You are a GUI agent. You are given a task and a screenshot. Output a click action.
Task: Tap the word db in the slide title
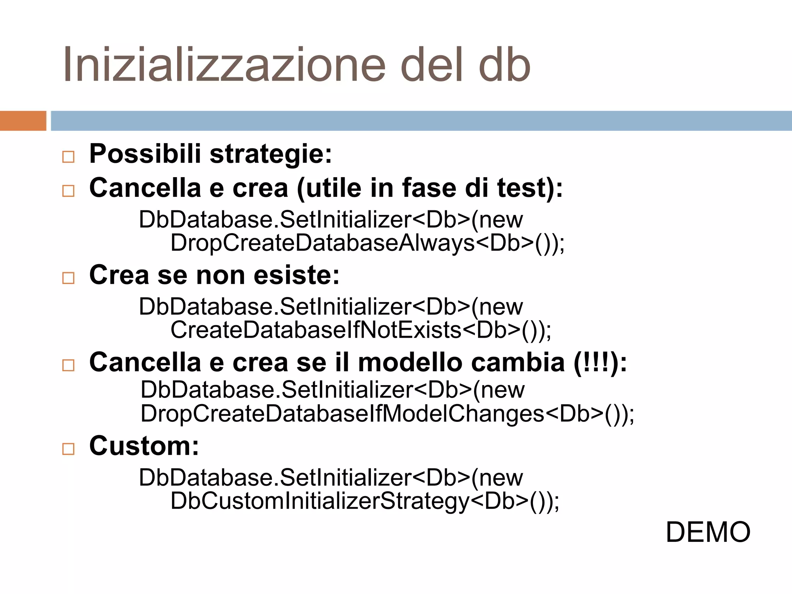(504, 65)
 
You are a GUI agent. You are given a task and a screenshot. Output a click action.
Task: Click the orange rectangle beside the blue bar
(23, 121)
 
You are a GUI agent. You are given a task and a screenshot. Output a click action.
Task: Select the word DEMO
(708, 532)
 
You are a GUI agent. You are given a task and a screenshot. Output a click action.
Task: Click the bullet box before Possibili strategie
(68, 157)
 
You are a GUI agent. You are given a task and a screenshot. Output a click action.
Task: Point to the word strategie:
(271, 154)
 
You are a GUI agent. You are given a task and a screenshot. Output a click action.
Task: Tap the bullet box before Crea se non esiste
(68, 278)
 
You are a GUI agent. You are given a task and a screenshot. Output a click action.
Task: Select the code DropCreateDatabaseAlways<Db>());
(367, 243)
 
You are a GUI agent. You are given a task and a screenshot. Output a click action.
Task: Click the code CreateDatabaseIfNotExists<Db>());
(361, 330)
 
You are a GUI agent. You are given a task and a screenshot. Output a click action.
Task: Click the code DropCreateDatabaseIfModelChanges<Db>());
(387, 414)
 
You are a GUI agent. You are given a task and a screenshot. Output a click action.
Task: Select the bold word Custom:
(144, 446)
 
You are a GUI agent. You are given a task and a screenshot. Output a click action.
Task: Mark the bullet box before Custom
(68, 449)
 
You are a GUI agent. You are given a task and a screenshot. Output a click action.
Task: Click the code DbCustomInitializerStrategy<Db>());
(365, 501)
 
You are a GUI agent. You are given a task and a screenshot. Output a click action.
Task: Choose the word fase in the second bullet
(429, 188)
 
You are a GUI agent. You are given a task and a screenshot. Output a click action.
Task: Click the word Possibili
(145, 154)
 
